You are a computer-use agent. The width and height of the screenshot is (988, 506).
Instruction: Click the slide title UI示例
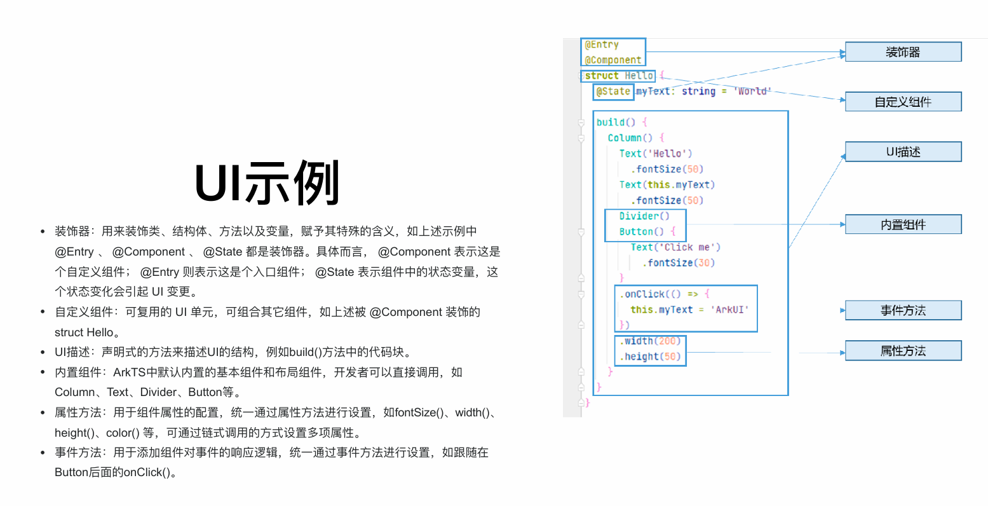(x=267, y=183)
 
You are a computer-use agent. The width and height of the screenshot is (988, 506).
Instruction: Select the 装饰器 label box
(x=903, y=52)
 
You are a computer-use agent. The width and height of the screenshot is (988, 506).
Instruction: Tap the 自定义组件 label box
(x=903, y=102)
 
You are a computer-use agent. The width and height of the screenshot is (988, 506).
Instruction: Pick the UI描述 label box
(x=903, y=152)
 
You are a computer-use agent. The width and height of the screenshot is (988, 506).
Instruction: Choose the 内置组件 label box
(x=903, y=224)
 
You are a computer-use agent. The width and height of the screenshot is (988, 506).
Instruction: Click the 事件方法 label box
(x=903, y=310)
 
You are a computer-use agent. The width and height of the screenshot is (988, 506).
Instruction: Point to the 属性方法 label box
(x=903, y=351)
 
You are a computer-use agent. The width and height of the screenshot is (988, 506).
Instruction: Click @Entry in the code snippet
(x=602, y=44)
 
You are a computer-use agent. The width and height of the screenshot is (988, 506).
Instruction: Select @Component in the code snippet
(x=613, y=60)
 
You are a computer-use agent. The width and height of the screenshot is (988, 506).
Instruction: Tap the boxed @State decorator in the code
(x=613, y=92)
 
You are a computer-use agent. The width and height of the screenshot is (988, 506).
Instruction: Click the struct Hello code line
(x=619, y=76)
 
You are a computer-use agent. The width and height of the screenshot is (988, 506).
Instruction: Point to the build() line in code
(x=616, y=122)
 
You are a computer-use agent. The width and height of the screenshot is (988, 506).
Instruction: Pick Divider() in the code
(x=644, y=216)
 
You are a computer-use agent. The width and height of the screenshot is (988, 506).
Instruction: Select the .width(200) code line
(x=650, y=341)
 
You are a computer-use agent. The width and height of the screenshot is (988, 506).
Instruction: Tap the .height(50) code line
(x=650, y=357)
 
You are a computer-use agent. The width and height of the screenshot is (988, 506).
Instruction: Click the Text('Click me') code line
(x=675, y=247)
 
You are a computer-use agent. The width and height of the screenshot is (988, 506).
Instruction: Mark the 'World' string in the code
(x=752, y=92)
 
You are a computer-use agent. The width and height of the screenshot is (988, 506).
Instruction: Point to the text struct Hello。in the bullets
(x=87, y=332)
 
